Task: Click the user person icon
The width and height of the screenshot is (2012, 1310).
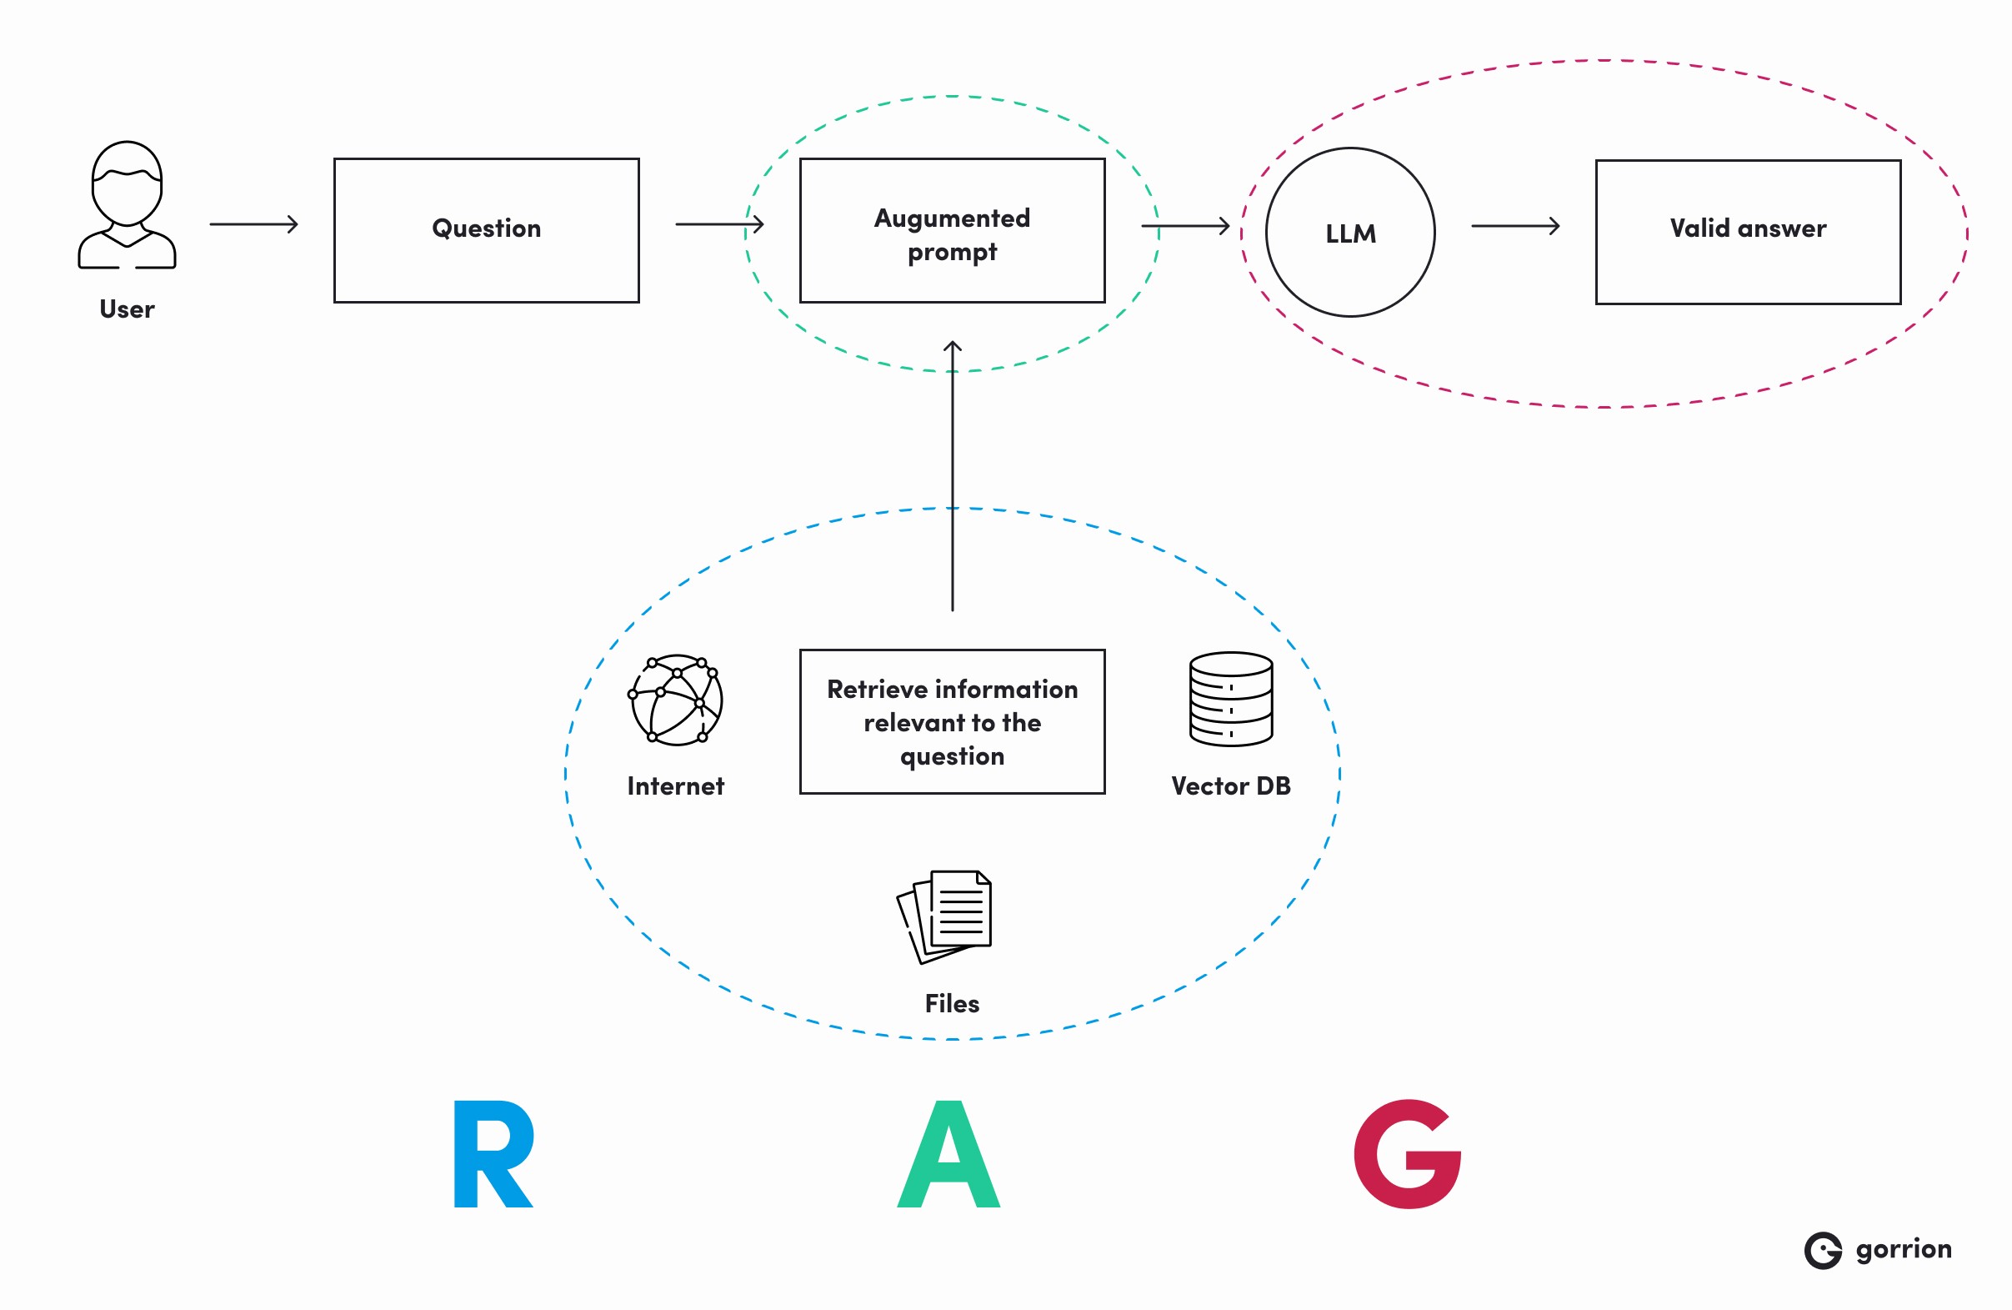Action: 127,204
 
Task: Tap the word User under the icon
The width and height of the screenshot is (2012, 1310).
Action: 127,309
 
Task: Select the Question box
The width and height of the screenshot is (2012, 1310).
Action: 486,230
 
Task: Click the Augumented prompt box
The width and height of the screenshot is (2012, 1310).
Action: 952,230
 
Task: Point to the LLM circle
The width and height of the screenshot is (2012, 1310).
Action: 1350,233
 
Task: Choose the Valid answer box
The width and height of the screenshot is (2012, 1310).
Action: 1748,232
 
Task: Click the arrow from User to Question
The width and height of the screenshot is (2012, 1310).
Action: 253,224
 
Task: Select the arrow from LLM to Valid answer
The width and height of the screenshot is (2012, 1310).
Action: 1515,226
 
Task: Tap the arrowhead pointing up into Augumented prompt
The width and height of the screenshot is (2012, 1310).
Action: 953,345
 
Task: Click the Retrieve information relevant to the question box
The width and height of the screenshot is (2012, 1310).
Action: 952,721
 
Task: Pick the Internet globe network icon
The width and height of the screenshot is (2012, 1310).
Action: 675,700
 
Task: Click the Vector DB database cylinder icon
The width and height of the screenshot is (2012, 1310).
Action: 1231,700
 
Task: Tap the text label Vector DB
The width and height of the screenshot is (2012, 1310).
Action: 1231,786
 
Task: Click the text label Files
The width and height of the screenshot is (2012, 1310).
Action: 952,1004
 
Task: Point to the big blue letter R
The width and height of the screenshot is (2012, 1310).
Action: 493,1154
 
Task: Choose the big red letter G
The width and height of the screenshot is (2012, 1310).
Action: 1408,1154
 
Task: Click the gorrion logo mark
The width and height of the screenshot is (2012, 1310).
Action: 1824,1251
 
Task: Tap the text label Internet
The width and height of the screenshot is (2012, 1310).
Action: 675,786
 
